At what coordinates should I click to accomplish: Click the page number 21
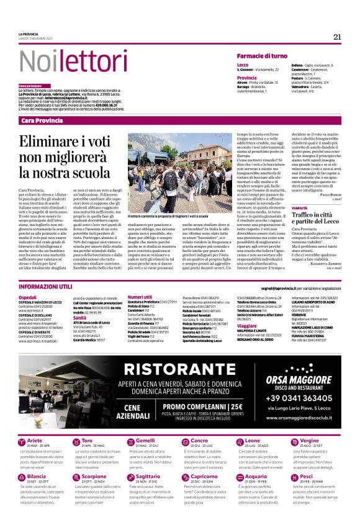337,37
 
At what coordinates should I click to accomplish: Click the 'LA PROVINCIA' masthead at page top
29,34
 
